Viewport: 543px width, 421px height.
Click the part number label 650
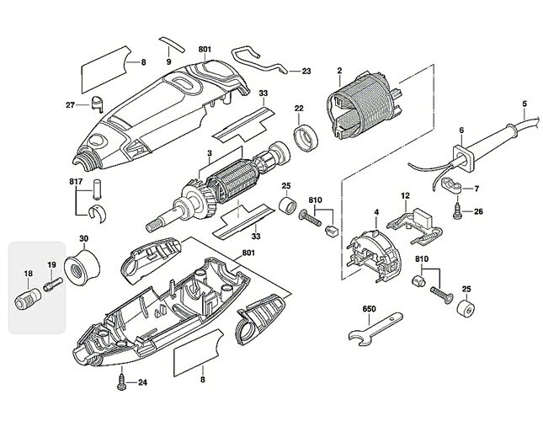click(369, 308)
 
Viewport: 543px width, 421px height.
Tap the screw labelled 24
click(122, 382)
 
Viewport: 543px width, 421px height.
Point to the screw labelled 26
click(457, 211)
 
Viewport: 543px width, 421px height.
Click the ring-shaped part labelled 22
click(306, 137)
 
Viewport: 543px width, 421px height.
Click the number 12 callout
click(405, 195)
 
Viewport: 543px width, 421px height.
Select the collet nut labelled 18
click(28, 299)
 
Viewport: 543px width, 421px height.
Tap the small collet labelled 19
click(53, 284)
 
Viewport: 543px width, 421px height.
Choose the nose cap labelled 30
click(83, 266)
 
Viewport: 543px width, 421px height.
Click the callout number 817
click(75, 181)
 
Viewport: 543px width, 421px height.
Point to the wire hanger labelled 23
click(260, 61)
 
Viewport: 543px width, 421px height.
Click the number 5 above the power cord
click(524, 104)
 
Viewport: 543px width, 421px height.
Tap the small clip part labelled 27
click(98, 104)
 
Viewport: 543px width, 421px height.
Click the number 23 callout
click(306, 72)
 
